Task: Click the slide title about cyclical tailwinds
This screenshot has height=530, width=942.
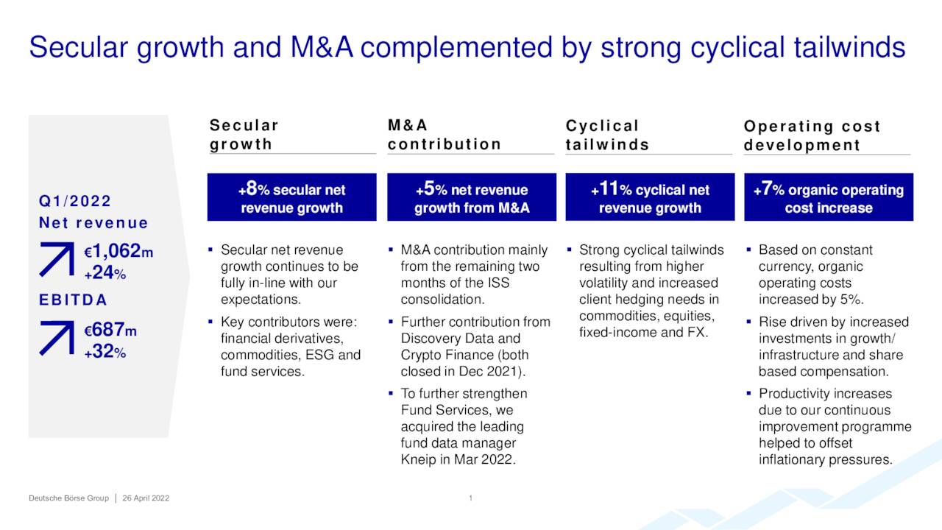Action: [x=467, y=47]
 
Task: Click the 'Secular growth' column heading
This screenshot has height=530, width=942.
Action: [x=244, y=135]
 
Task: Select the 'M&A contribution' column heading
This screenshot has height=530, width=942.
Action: [x=444, y=135]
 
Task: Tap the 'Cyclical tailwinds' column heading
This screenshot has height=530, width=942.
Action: [x=607, y=135]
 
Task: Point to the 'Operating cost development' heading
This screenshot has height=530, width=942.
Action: [x=812, y=135]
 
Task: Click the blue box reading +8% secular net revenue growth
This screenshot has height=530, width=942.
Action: [x=292, y=197]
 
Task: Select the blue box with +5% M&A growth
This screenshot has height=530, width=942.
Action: [x=472, y=197]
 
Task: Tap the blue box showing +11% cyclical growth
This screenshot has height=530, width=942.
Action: [x=650, y=197]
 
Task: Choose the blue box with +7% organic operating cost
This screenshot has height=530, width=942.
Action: [x=829, y=197]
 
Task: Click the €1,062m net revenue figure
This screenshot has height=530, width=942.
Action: [x=118, y=251]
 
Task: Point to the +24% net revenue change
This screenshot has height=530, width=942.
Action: [x=105, y=273]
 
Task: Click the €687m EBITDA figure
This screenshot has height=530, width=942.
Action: [x=110, y=330]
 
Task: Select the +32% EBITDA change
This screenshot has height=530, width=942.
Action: [x=105, y=352]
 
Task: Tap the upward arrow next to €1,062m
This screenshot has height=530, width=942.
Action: [x=57, y=259]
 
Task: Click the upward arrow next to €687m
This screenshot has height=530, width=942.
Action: [x=57, y=338]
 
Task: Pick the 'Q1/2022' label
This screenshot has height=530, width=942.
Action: [x=75, y=201]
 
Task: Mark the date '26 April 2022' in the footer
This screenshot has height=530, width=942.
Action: [x=146, y=498]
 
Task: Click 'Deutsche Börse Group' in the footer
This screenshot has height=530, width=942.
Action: [x=68, y=498]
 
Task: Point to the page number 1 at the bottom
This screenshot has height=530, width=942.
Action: [x=470, y=498]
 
